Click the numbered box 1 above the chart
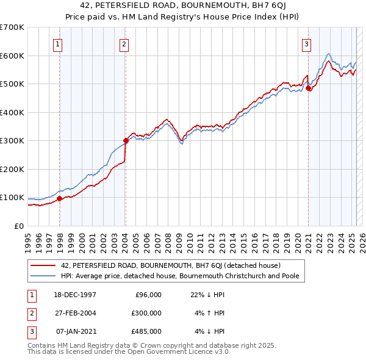click(57, 43)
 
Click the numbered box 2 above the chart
click(124, 43)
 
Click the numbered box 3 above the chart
click(306, 43)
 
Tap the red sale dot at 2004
click(126, 140)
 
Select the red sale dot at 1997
click(60, 198)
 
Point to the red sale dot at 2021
click(309, 88)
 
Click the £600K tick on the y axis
click(12, 56)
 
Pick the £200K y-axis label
click(12, 169)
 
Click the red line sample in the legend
click(44, 265)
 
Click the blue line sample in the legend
click(44, 276)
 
